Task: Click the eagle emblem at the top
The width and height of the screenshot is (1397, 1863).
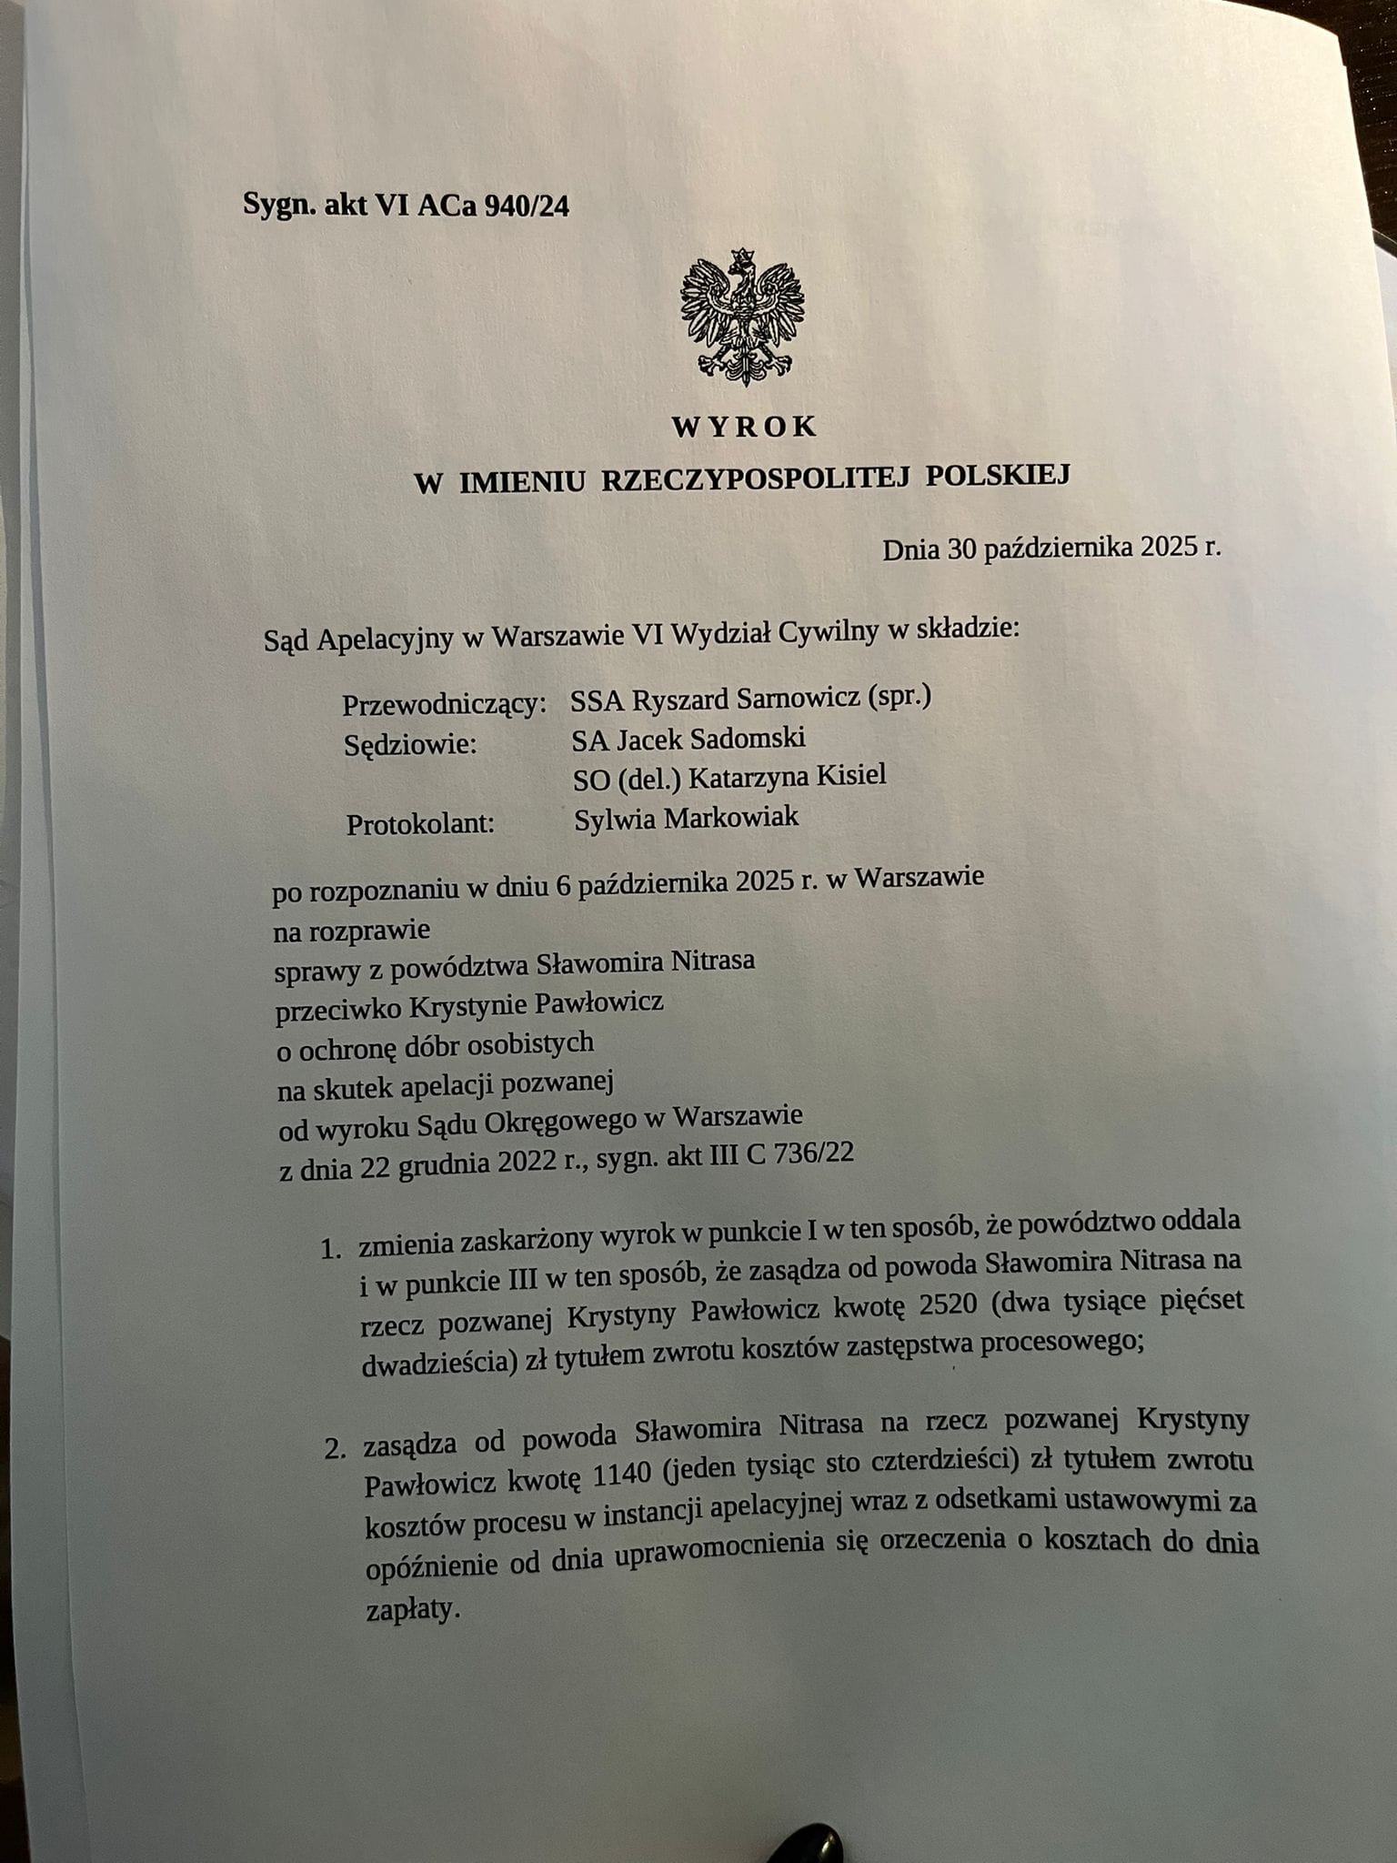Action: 742,316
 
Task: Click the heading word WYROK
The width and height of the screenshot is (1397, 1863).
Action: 744,427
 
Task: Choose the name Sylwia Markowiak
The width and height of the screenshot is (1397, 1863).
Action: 687,817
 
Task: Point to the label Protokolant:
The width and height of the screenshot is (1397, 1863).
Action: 420,825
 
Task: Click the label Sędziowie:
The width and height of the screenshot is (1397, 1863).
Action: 410,745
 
